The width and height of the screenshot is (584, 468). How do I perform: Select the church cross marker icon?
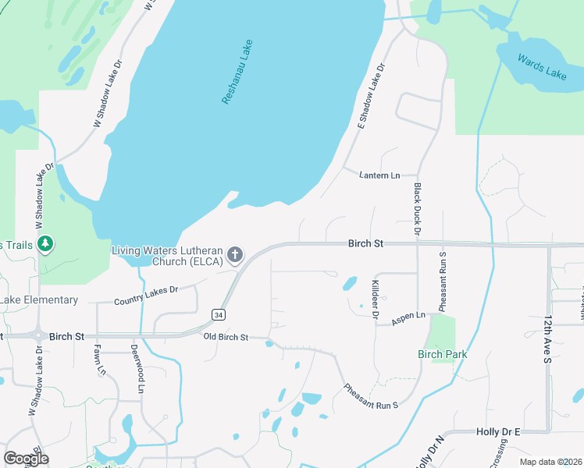pos(235,254)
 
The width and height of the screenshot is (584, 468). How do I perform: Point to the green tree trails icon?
pos(46,244)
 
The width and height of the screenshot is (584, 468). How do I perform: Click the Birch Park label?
pos(442,354)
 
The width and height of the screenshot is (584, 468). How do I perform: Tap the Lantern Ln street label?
pos(379,175)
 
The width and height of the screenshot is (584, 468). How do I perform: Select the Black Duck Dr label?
pos(418,209)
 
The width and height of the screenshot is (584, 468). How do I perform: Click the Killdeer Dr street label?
pos(376,300)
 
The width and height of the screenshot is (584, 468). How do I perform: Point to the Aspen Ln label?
pos(409,315)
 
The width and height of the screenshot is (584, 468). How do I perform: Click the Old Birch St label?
pos(226,337)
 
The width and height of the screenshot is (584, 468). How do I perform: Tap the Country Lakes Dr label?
pos(146,295)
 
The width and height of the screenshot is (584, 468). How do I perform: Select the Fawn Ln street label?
pos(101,360)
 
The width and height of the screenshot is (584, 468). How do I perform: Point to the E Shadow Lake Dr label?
pos(372,96)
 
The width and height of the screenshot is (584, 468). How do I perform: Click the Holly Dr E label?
pos(497,431)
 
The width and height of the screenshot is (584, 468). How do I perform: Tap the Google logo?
pos(26,459)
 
